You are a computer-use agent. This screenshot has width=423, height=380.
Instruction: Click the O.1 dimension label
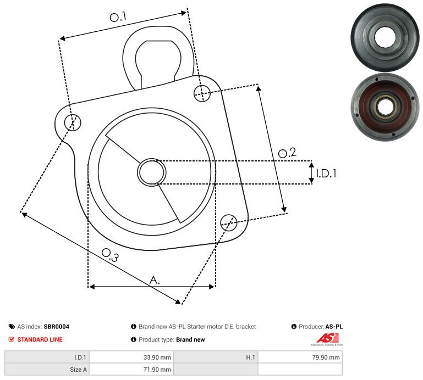118,17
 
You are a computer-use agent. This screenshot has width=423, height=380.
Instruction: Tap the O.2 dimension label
287,153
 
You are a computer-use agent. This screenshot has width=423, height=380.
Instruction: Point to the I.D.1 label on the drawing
326,174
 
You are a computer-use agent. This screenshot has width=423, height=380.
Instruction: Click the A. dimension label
155,280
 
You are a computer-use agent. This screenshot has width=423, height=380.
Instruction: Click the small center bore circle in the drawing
151,172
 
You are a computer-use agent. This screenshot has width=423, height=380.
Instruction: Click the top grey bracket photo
384,36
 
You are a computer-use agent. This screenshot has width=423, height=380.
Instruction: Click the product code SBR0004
56,326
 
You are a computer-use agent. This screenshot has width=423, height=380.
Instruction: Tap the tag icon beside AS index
12,326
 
